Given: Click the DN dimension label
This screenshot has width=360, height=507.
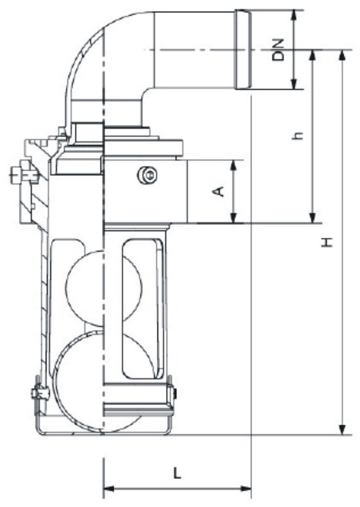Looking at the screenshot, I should pyautogui.click(x=280, y=50).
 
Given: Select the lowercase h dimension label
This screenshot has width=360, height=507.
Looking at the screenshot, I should pyautogui.click(x=299, y=136).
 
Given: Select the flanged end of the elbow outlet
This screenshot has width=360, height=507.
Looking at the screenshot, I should pyautogui.click(x=242, y=50).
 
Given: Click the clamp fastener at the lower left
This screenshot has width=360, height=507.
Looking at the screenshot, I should pyautogui.click(x=37, y=395).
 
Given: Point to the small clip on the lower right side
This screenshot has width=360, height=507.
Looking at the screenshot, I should pyautogui.click(x=173, y=393).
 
